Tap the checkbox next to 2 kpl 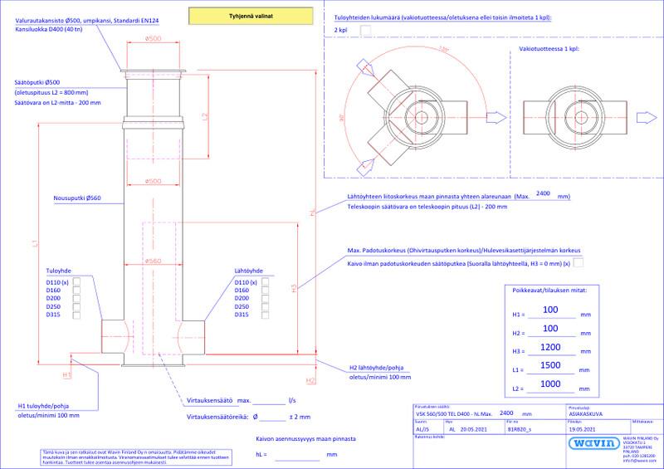[366, 30]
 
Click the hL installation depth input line [296, 456]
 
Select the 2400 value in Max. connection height [544, 194]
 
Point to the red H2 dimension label [310, 381]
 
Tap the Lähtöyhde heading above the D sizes [249, 271]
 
